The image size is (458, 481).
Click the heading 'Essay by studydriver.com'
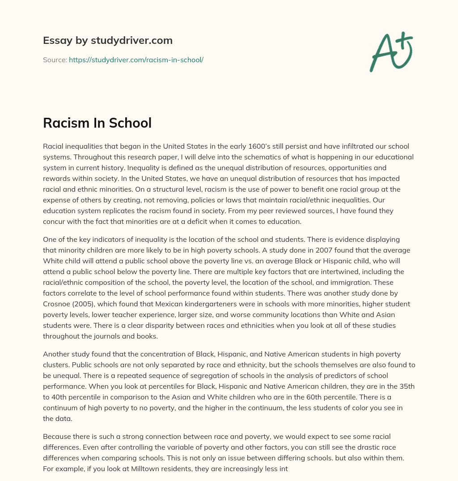[107, 40]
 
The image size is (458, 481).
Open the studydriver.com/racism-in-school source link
[136, 60]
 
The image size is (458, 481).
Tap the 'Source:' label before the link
[55, 60]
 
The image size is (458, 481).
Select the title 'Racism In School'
[97, 123]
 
